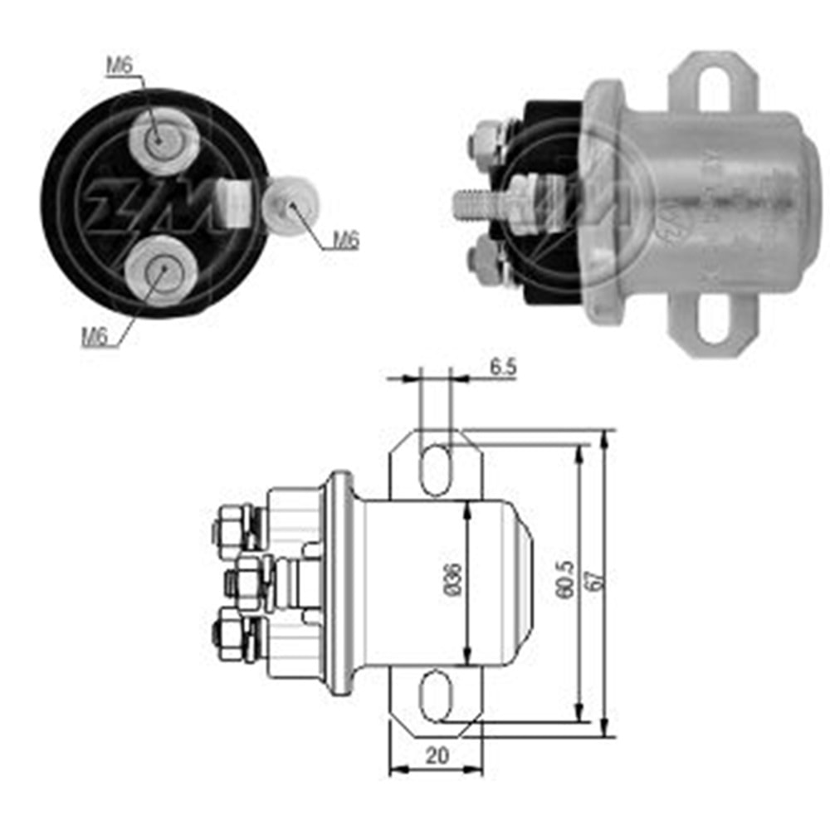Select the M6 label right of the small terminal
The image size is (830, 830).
tap(346, 241)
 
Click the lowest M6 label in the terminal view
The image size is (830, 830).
tap(95, 336)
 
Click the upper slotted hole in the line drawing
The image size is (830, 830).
tap(436, 470)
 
